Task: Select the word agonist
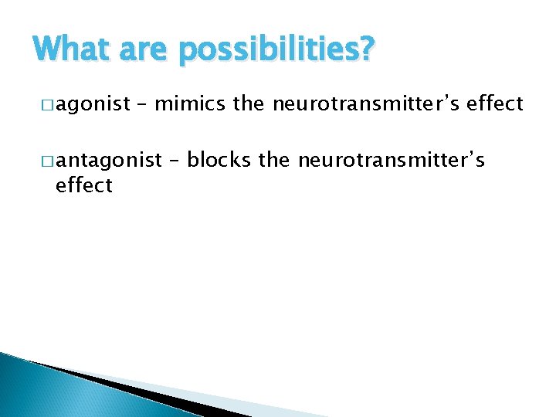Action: pyautogui.click(x=91, y=103)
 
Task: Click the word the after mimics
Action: pyautogui.click(x=248, y=103)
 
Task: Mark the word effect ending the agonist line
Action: pyautogui.click(x=495, y=103)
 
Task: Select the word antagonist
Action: pyautogui.click(x=108, y=160)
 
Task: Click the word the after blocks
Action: pyautogui.click(x=274, y=160)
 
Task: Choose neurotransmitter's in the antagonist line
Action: pyautogui.click(x=392, y=160)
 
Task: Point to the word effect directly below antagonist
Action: pyautogui.click(x=84, y=185)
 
